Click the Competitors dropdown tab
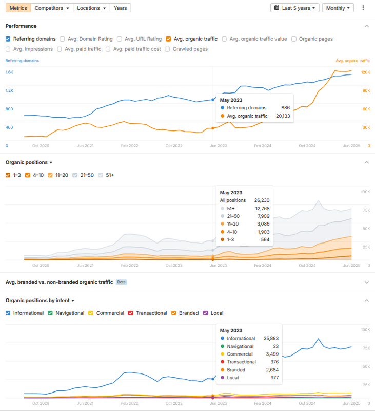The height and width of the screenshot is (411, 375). pos(52,8)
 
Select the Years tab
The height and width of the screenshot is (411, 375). pos(120,8)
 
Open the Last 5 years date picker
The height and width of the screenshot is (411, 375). pos(294,8)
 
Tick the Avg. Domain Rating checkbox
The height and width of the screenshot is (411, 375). pos(63,39)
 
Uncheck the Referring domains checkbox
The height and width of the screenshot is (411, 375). pos(8,39)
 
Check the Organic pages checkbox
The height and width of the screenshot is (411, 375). pos(294,39)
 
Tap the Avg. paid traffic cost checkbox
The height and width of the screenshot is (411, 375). pos(108,49)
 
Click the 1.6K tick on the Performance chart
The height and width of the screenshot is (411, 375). pos(9,72)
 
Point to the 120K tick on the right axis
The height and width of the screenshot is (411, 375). pos(365,72)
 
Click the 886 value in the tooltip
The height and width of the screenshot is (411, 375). pos(285,108)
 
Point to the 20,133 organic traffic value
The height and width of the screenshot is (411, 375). pos(283,116)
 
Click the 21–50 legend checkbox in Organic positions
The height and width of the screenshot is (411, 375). pos(75,175)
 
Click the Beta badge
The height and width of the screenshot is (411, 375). pos(121,282)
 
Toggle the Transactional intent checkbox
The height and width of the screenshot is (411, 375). pos(131,313)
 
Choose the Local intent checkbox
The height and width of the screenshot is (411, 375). pos(206,313)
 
